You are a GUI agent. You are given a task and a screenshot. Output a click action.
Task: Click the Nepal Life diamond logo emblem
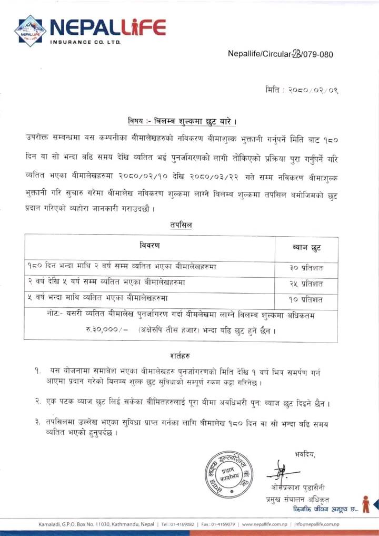pyautogui.click(x=30, y=31)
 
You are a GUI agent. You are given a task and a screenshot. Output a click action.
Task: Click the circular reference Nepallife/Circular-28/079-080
pyautogui.click(x=280, y=54)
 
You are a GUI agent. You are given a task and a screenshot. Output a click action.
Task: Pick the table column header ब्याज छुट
pyautogui.click(x=306, y=247)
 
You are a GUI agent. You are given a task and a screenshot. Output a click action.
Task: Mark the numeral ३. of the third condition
pyautogui.click(x=32, y=422)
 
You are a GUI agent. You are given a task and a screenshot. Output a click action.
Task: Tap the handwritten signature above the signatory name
pyautogui.click(x=285, y=469)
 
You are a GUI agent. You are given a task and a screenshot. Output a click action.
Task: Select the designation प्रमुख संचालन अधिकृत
pyautogui.click(x=297, y=499)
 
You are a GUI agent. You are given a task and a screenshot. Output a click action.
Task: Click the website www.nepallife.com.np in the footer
pyautogui.click(x=264, y=524)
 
